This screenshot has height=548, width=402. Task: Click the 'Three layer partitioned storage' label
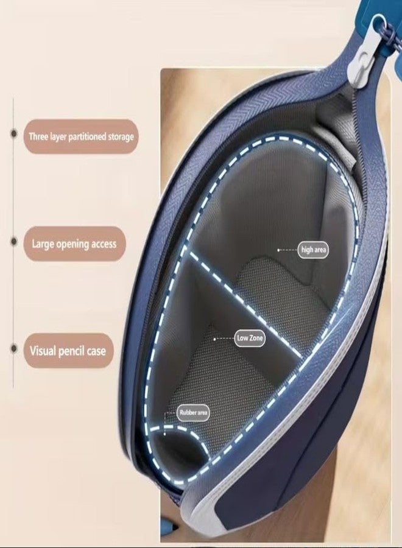point(81,136)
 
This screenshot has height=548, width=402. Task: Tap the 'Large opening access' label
point(74,244)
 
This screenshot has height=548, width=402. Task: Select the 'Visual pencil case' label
point(68,351)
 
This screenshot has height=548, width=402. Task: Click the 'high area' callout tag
point(313,250)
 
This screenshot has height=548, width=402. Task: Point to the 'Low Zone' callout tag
point(249,338)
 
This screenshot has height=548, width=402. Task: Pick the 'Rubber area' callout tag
point(193,413)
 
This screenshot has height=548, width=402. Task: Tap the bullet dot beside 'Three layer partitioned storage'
point(14,134)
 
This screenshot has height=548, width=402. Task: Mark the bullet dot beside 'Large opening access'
point(14,242)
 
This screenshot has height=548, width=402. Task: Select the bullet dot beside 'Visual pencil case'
point(14,348)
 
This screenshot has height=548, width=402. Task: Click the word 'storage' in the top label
point(121,136)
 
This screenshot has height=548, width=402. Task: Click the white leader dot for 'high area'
point(278,250)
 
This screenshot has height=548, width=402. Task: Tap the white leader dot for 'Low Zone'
point(214,339)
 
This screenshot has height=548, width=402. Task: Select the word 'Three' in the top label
point(38,136)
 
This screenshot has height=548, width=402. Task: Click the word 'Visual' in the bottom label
point(43,351)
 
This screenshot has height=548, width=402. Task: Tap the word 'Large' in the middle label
point(43,244)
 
